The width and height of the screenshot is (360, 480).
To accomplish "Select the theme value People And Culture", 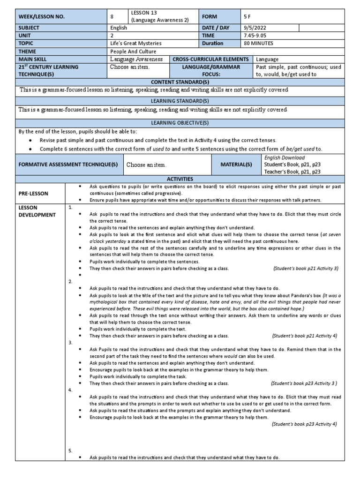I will point(133,51).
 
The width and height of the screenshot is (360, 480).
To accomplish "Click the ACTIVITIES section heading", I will point(180,179).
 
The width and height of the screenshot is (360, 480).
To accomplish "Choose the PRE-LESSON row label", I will point(34,193).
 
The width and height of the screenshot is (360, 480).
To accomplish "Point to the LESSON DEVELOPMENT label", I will point(37,211).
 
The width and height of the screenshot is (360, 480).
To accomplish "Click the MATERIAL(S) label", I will point(237,165).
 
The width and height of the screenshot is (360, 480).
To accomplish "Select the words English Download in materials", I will point(285,158).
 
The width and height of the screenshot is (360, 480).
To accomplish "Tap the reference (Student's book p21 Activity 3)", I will point(305,268).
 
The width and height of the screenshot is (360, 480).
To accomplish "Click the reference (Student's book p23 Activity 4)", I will point(304,424).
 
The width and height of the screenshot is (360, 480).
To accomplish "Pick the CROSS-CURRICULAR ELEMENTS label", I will point(210,59).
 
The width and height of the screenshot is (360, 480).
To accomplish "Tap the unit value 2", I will point(112,36).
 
